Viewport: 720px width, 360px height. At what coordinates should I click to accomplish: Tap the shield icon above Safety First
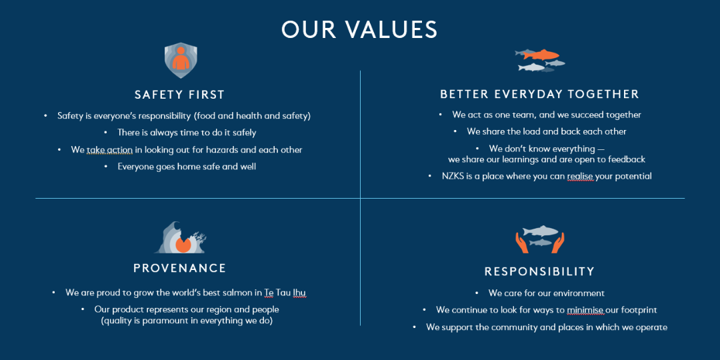(x=181, y=60)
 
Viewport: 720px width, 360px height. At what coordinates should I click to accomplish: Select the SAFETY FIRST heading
(x=179, y=95)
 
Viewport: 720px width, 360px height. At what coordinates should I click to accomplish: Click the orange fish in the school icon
(x=541, y=54)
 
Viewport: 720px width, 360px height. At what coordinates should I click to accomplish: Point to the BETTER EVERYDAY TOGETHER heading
(x=539, y=94)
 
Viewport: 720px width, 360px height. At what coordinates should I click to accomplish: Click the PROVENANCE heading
(x=180, y=268)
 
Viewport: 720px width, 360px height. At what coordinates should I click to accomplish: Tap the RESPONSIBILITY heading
(x=539, y=271)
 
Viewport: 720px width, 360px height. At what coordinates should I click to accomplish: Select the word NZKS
(x=453, y=176)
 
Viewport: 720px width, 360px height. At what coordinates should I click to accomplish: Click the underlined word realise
(x=581, y=176)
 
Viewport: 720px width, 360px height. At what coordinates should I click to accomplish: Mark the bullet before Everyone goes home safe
(x=106, y=167)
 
